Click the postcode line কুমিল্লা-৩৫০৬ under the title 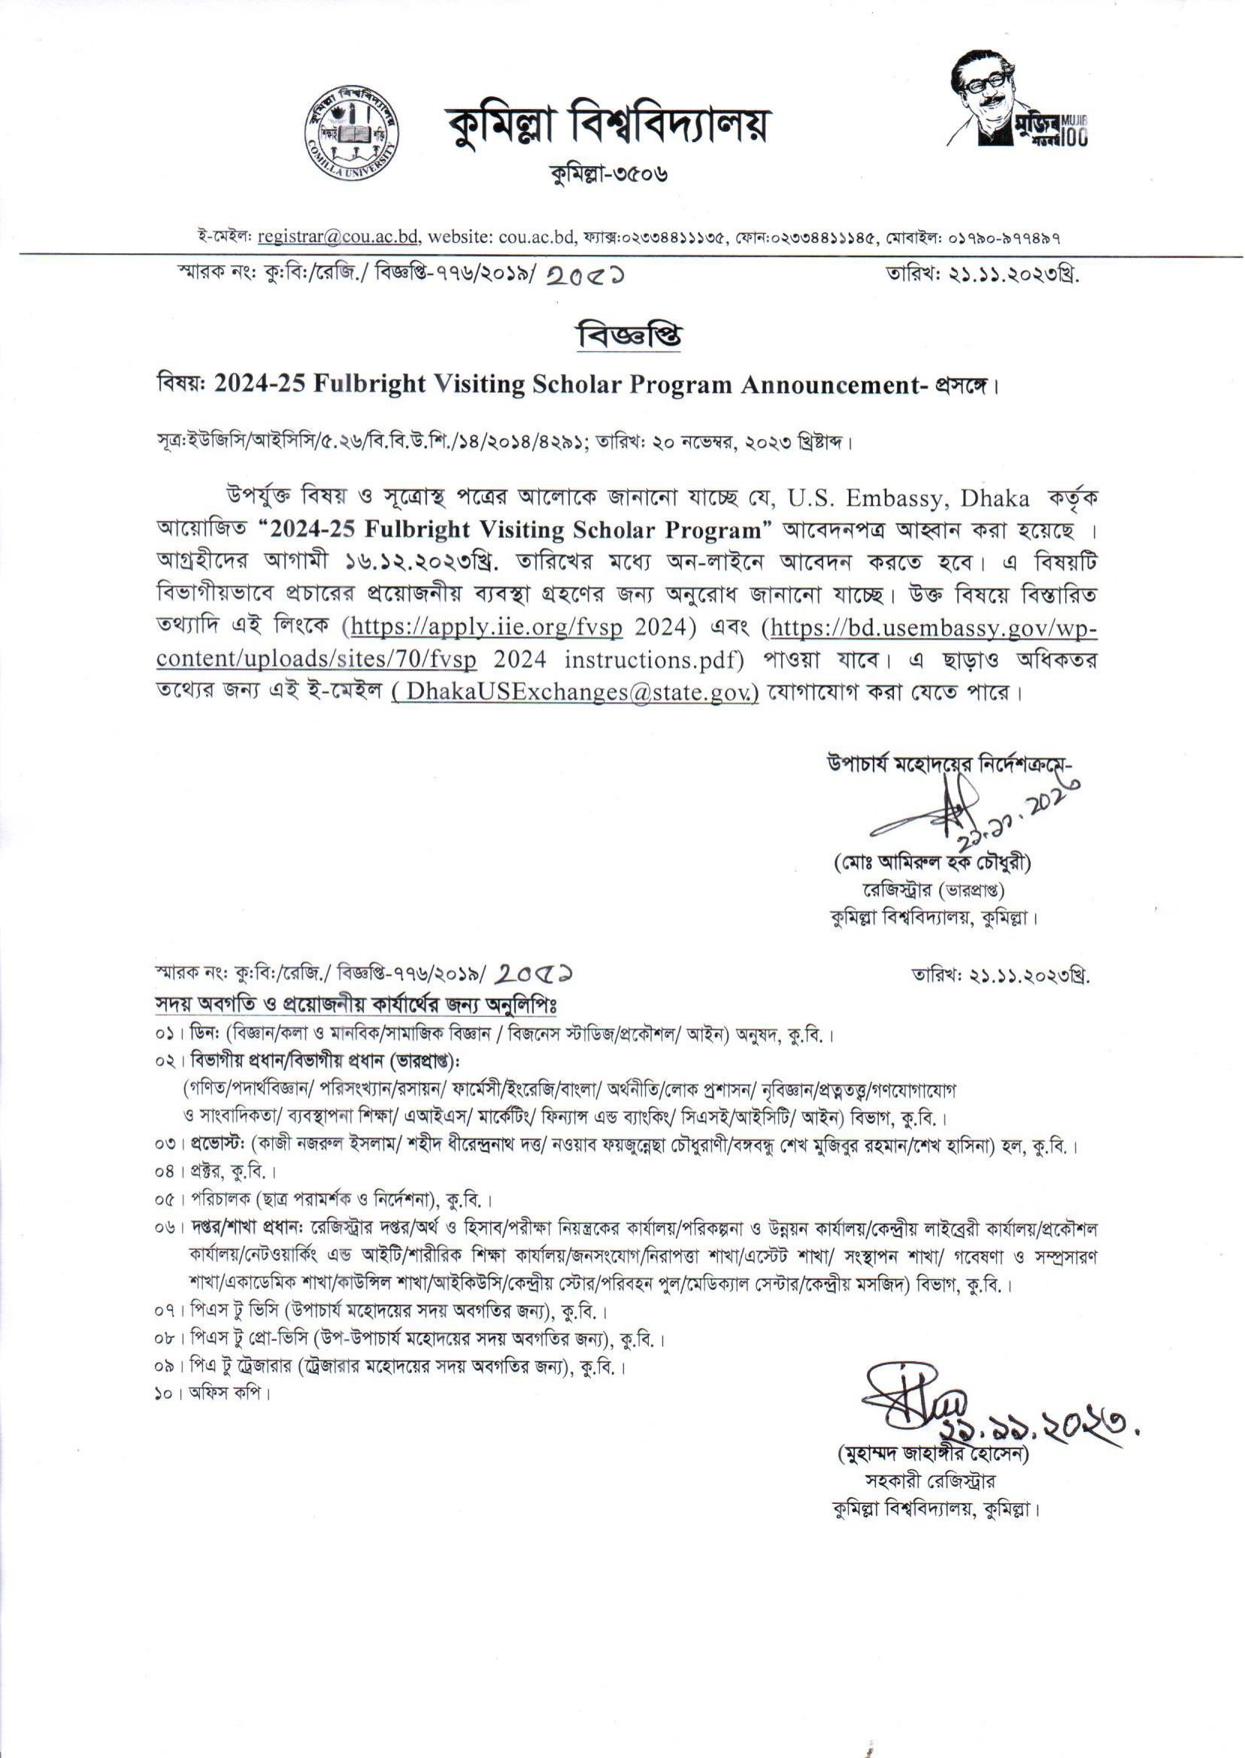(609, 175)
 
